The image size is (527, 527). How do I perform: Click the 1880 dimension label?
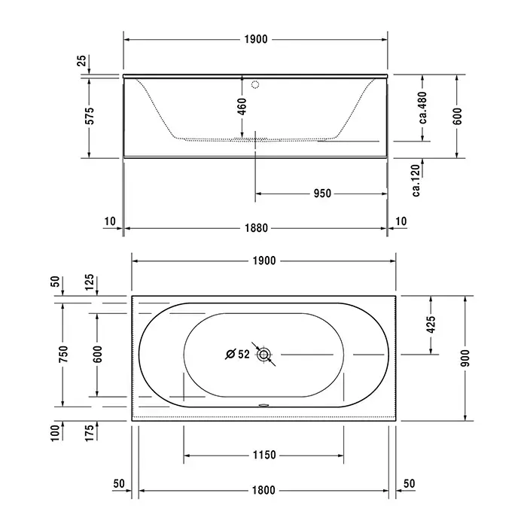(x=256, y=228)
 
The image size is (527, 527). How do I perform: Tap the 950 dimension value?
(x=322, y=193)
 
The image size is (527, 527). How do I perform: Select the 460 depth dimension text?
(x=242, y=106)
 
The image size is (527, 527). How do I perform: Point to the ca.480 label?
(x=423, y=108)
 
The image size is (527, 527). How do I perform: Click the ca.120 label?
(x=416, y=181)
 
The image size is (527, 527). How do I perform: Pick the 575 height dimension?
(x=90, y=116)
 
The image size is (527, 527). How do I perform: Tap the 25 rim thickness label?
(x=82, y=60)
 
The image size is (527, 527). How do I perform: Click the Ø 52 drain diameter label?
(x=238, y=355)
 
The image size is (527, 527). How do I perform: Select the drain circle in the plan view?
(x=263, y=355)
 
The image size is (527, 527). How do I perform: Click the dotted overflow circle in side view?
(x=255, y=84)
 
